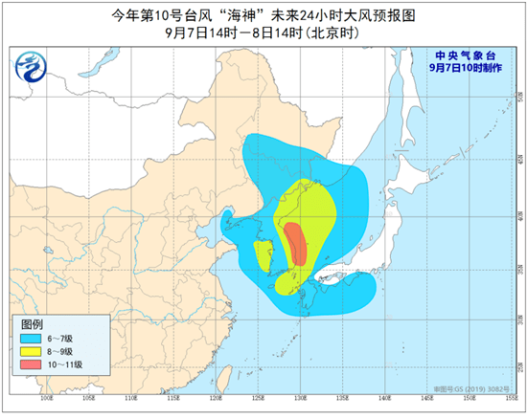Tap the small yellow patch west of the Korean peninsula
[x=262, y=255]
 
